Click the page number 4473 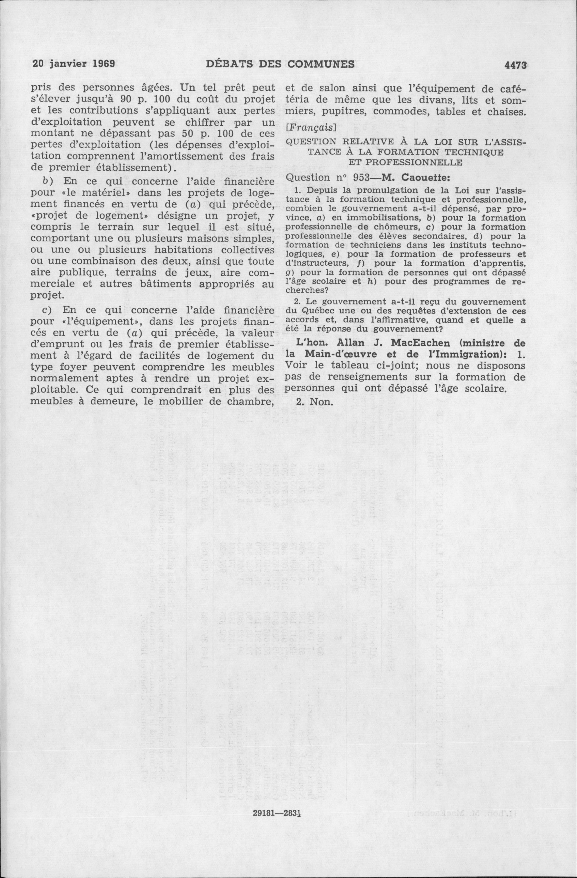click(515, 65)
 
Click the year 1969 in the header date click(103, 63)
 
